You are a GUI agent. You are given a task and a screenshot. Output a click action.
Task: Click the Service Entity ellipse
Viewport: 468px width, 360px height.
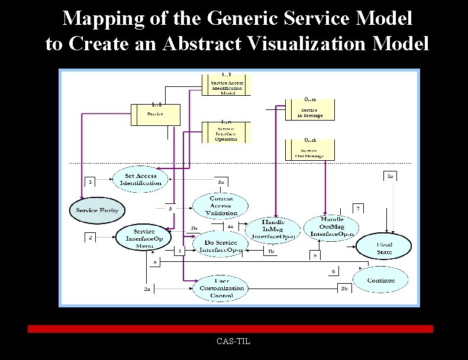point(97,210)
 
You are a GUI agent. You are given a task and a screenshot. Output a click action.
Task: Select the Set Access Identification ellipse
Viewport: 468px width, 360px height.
point(141,179)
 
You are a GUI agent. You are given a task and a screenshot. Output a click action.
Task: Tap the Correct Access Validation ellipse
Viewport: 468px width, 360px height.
point(221,205)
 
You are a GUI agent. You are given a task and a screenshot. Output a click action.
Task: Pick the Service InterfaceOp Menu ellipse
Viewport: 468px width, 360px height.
point(144,238)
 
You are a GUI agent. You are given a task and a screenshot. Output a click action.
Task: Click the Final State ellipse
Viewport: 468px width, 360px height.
point(384,248)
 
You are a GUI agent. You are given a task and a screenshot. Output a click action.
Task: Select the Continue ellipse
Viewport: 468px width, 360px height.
point(381,280)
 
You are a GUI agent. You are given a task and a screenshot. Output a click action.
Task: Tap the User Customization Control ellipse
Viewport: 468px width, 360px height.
point(221,288)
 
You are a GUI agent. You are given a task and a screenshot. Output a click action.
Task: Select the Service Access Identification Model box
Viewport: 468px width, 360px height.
point(227,86)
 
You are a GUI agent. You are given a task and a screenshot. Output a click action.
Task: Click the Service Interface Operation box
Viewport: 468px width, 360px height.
point(226,133)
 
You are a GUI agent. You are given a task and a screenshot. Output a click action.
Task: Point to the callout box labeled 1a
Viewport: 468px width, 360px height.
point(390,176)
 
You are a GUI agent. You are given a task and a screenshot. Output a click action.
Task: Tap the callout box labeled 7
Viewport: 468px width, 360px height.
point(357,209)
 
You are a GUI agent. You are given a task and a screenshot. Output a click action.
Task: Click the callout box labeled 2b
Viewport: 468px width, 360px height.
point(344,288)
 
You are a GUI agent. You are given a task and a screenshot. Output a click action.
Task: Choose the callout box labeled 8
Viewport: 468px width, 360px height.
point(155,262)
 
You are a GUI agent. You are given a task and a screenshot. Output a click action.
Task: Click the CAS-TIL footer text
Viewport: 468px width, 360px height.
point(233,341)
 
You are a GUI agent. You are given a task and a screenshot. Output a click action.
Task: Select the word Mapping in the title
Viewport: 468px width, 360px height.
point(101,18)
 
